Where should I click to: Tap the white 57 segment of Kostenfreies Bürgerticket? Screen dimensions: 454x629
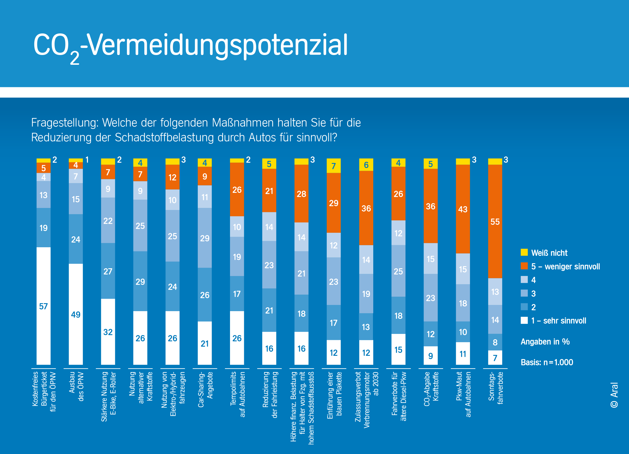point(44,306)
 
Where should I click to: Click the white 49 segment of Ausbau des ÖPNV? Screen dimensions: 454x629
point(76,314)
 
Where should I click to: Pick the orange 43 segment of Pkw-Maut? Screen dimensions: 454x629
point(463,209)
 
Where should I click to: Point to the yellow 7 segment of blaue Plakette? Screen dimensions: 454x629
point(334,166)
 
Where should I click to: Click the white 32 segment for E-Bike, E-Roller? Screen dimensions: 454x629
point(108,332)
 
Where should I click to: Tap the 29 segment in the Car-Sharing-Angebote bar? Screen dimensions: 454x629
point(205,238)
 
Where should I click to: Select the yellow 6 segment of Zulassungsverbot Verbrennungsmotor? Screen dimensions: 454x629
point(366,165)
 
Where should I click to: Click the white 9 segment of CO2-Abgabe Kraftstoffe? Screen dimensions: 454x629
point(430,356)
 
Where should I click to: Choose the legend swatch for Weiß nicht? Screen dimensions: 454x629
point(524,252)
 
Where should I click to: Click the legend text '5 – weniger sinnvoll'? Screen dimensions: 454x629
point(565,266)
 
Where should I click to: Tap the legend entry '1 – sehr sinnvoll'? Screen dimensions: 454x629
point(558,321)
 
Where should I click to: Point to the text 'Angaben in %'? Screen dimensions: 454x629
point(545,342)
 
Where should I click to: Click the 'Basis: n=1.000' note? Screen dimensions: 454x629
point(547,362)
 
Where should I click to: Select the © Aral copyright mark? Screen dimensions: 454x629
point(614,395)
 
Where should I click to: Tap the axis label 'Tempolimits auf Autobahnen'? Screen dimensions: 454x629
point(238,394)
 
